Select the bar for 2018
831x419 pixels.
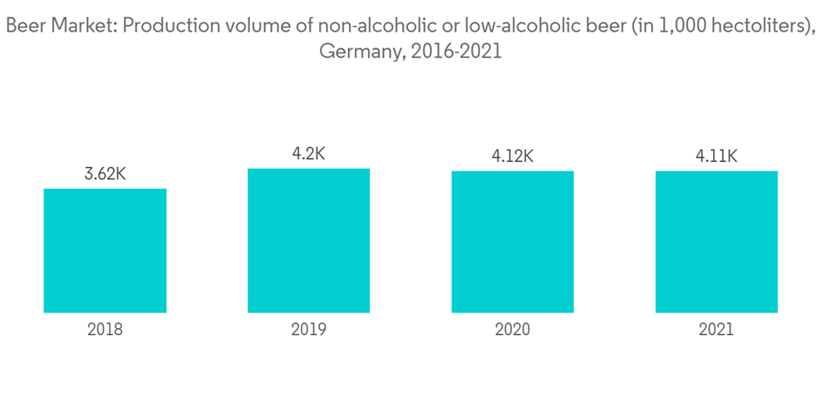point(105,250)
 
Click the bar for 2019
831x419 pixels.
point(308,240)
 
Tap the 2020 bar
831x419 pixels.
point(513,242)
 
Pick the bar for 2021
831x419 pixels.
point(716,242)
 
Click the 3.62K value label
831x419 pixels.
point(105,175)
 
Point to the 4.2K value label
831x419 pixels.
point(308,154)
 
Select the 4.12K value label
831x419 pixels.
point(513,156)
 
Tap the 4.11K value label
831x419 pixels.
point(716,156)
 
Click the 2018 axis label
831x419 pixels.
point(105,330)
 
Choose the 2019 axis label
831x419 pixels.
point(308,330)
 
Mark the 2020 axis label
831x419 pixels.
point(513,330)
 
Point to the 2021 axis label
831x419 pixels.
point(716,330)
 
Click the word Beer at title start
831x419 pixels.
point(23,27)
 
